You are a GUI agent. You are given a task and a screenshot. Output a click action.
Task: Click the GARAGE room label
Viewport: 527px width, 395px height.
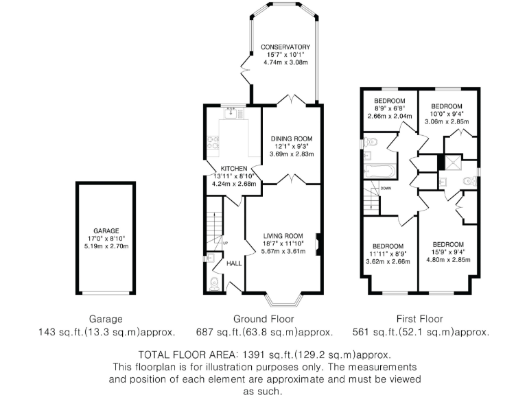106,231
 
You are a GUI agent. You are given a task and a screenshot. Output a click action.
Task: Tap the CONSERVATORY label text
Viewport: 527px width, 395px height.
284,47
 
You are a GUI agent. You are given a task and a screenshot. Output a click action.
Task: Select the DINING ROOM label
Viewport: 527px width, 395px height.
291,139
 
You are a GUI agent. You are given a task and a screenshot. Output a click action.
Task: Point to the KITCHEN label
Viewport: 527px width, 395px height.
233,168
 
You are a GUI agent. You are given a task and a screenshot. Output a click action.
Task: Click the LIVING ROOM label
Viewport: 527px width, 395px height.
283,235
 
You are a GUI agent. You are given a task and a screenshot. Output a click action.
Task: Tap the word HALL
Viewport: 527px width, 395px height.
234,263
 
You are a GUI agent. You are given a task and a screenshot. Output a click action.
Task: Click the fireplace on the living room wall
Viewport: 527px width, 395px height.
317,245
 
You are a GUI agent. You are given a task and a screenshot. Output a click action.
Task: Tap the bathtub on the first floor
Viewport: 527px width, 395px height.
378,171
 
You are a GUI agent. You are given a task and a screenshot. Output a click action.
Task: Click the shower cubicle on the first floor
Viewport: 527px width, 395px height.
451,162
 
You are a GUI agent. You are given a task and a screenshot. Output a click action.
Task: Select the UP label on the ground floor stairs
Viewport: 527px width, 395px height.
224,243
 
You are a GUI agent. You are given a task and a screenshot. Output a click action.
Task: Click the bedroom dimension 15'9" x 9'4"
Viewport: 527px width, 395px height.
447,252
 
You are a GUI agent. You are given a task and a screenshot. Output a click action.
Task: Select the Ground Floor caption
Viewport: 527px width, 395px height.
263,319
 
